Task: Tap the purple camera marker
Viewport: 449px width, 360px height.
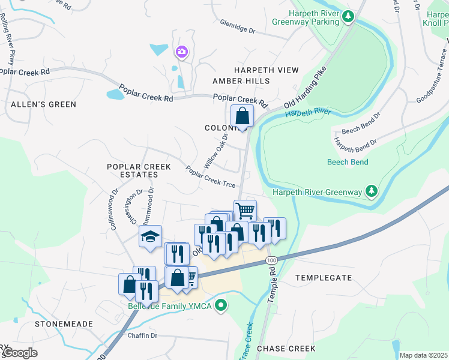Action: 181,53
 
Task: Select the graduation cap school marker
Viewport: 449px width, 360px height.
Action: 151,236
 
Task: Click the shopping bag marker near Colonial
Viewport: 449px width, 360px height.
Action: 241,115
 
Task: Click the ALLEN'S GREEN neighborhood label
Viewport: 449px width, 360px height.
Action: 44,104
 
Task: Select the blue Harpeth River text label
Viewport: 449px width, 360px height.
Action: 308,112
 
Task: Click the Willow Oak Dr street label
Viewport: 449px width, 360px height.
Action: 217,151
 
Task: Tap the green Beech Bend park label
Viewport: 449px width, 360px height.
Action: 348,162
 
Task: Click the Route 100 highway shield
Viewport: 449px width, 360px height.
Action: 271,260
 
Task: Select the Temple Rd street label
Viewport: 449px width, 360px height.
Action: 272,287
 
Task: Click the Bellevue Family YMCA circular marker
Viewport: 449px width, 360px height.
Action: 221,306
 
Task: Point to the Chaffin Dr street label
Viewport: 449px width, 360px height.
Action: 142,336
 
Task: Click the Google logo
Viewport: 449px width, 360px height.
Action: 20,352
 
